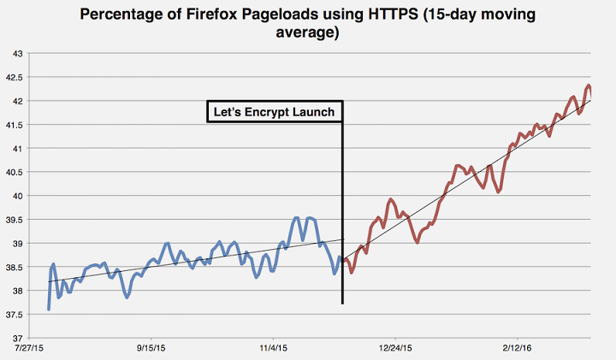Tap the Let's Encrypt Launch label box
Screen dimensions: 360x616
coord(275,112)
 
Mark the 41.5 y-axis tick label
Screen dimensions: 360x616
coord(15,125)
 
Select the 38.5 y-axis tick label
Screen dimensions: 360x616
coord(15,268)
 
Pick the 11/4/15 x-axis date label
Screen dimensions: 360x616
coord(272,348)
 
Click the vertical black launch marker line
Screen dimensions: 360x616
coord(342,214)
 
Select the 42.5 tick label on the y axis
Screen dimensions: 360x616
coord(15,77)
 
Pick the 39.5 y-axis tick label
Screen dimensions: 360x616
coord(15,220)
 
